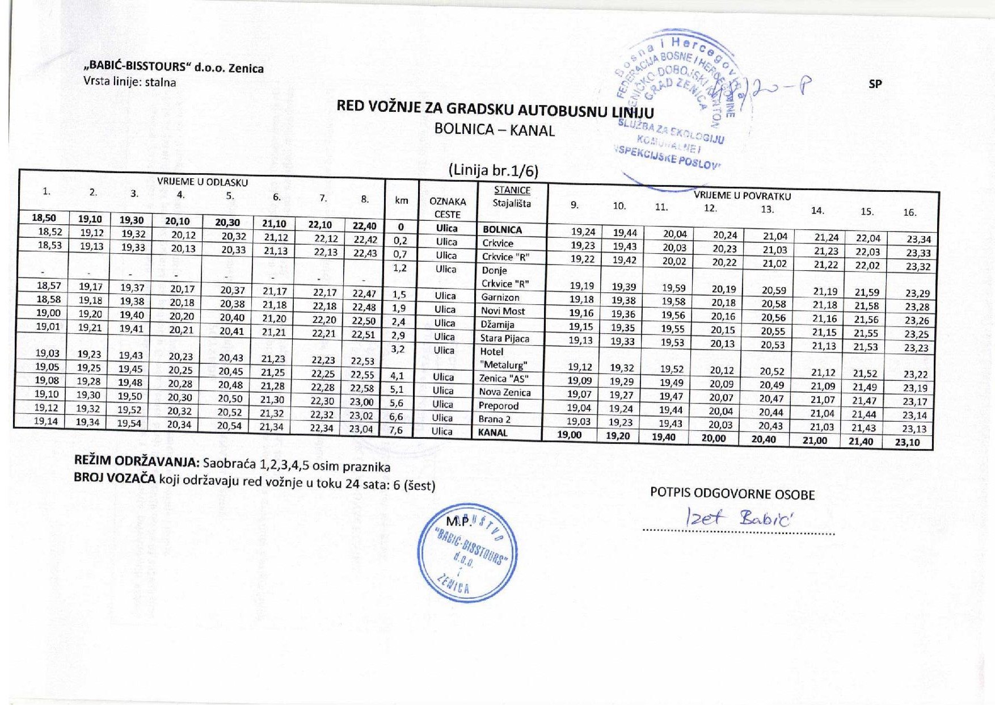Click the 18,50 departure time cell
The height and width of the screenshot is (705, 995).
(45, 217)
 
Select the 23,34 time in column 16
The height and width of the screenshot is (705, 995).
(918, 240)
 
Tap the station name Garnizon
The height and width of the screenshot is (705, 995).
(500, 297)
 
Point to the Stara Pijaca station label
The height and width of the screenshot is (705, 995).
(505, 338)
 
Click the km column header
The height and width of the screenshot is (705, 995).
(401, 200)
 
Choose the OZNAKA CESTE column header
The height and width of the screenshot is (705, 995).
(448, 208)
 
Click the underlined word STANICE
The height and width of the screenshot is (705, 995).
(512, 190)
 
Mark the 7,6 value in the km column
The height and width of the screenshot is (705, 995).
(396, 430)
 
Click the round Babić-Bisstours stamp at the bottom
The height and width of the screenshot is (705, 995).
(467, 553)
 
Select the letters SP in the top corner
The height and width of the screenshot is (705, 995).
(875, 84)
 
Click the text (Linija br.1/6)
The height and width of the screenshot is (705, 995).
(493, 170)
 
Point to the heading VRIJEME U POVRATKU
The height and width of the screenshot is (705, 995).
(742, 196)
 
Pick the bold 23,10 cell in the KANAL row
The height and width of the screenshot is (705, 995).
(907, 442)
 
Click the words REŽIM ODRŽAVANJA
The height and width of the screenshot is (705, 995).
(137, 460)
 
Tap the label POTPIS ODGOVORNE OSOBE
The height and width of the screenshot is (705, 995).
(732, 494)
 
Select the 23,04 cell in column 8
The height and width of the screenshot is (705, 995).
(361, 429)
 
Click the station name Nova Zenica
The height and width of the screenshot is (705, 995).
(504, 392)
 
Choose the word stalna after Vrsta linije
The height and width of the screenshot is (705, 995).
(161, 82)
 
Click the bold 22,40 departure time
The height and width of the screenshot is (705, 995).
(364, 225)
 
